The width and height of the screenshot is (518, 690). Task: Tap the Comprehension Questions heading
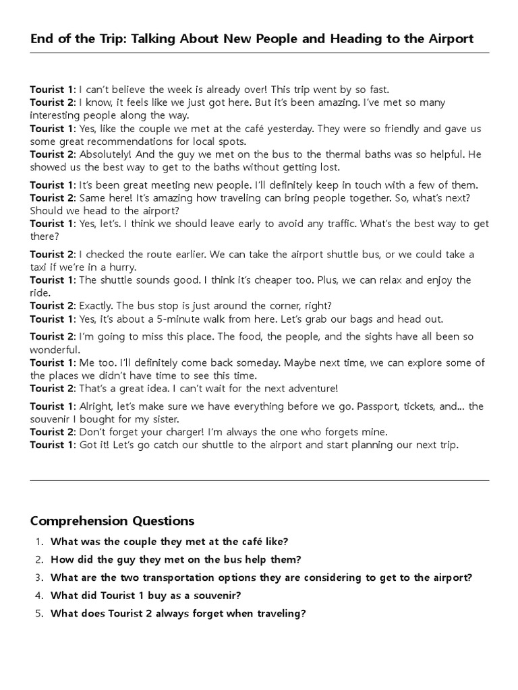tap(112, 521)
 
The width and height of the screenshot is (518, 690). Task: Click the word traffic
tap(345, 224)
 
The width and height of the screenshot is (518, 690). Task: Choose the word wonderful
tap(55, 350)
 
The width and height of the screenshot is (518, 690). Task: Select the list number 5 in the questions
tap(39, 613)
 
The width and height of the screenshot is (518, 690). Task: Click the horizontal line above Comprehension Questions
tap(259, 480)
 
